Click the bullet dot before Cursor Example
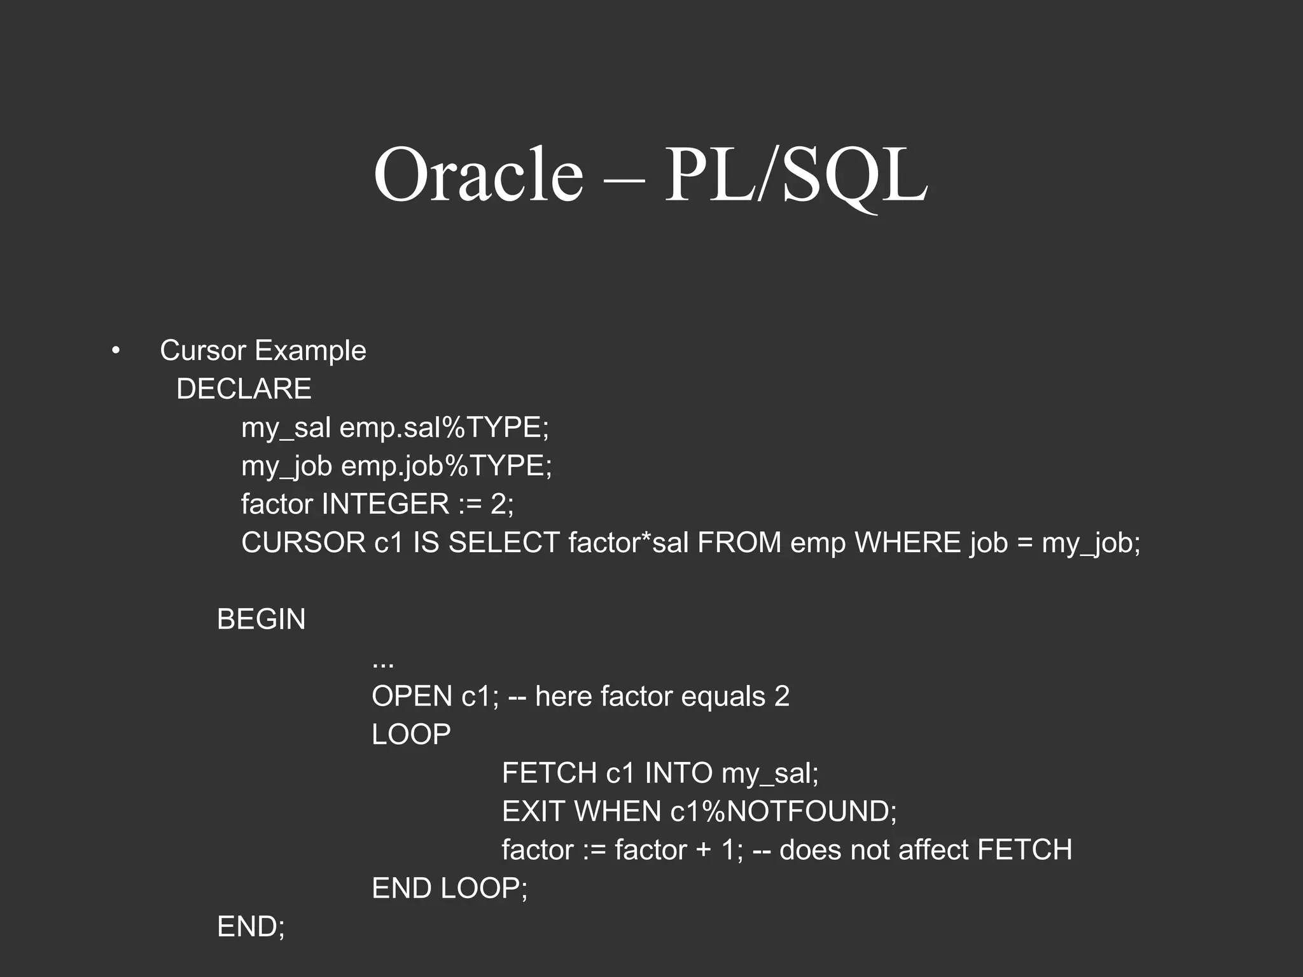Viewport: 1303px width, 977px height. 115,351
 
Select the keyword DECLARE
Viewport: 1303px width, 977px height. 244,389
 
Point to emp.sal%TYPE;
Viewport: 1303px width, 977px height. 444,427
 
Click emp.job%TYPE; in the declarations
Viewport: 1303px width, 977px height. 447,466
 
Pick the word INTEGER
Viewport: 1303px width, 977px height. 386,504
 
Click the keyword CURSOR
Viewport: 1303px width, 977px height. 303,543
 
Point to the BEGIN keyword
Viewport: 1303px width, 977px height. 261,620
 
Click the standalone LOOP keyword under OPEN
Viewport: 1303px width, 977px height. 411,735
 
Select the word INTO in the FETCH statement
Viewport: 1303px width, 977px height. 678,773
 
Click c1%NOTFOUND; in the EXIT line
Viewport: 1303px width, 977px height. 783,812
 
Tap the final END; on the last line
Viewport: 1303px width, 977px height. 251,927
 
